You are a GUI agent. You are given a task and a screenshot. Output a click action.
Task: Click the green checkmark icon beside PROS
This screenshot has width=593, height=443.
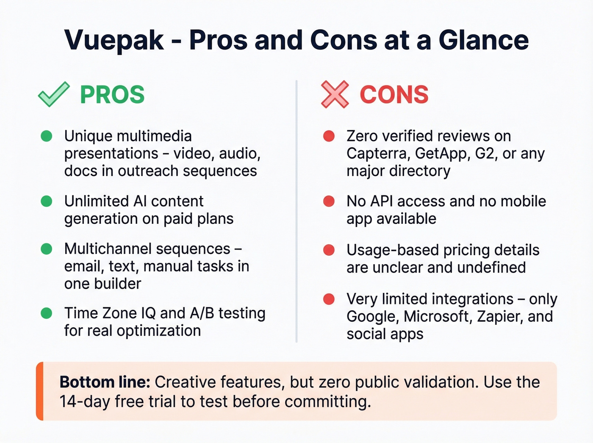pos(53,94)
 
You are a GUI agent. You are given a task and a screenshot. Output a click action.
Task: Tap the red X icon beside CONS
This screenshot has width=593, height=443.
pos(335,94)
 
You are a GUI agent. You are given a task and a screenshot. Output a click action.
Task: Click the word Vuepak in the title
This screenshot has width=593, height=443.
pos(114,40)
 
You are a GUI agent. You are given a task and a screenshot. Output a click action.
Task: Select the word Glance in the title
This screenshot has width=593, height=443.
pos(483,40)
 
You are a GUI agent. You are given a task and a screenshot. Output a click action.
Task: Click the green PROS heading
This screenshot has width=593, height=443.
pos(112,95)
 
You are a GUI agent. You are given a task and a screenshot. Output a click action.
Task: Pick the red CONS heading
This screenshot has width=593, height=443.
pos(394,95)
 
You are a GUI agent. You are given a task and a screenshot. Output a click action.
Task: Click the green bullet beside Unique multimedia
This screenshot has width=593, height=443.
pos(47,136)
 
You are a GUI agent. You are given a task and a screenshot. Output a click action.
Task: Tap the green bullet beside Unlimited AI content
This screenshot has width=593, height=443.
pos(47,201)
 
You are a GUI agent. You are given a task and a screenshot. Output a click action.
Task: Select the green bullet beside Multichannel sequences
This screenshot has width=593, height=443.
pos(47,249)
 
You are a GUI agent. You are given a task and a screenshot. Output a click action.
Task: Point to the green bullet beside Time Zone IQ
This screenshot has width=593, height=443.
pos(47,313)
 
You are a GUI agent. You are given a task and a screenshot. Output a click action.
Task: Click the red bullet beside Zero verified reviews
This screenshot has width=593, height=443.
pos(329,136)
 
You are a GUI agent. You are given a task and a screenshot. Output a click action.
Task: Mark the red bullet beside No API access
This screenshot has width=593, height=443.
pos(329,201)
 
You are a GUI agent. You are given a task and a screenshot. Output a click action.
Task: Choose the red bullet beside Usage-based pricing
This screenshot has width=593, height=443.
pos(329,250)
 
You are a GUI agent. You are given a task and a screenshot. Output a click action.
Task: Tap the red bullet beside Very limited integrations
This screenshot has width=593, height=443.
pos(329,299)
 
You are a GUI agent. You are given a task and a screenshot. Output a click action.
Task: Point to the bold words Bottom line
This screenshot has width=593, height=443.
pos(105,382)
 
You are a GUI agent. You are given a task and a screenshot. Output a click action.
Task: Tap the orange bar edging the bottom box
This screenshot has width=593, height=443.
pos(40,391)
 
